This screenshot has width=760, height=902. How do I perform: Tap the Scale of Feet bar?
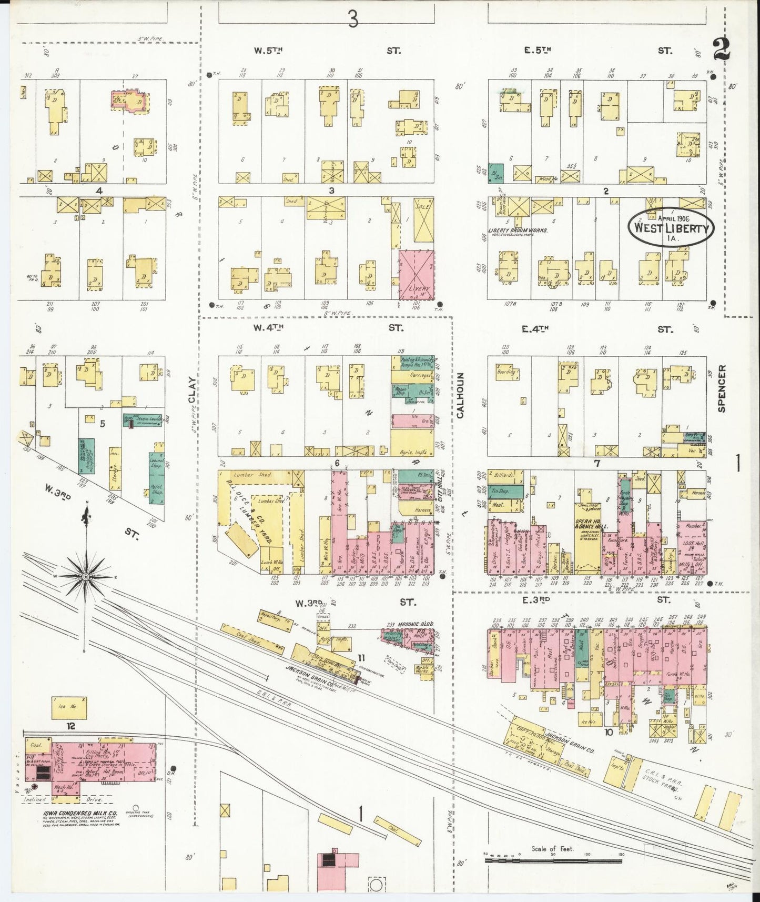pos(553,860)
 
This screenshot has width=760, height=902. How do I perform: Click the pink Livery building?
pos(417,274)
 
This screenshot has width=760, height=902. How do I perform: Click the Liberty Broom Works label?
pos(518,230)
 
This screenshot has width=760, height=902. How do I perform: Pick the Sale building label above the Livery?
pos(422,207)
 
